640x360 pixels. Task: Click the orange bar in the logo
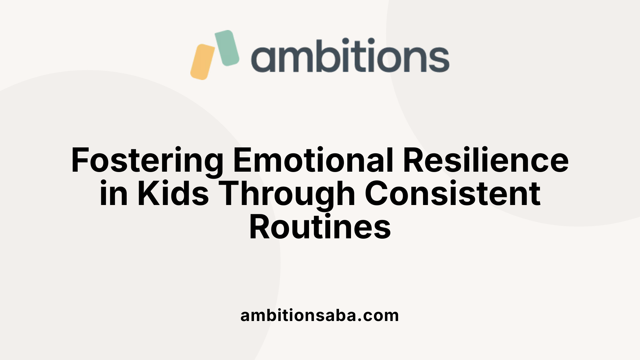point(202,62)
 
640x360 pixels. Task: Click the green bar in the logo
point(227,48)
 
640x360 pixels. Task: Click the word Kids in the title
point(173,194)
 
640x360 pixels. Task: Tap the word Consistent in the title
point(453,194)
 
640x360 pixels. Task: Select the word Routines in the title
point(320,227)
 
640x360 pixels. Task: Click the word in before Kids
point(114,194)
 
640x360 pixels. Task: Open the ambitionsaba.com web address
point(320,315)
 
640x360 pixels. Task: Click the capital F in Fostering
point(80,161)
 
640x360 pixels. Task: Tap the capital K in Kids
point(148,194)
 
